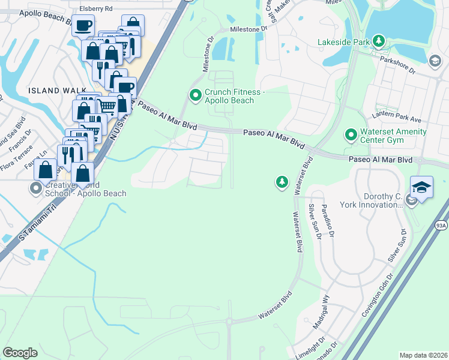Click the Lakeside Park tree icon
click(x=379, y=41)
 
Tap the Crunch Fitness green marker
click(x=195, y=95)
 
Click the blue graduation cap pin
click(x=421, y=187)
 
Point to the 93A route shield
click(x=441, y=225)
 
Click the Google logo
click(x=20, y=352)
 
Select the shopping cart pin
click(x=107, y=106)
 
